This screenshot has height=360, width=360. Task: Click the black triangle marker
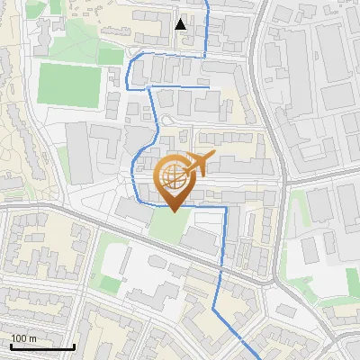[x=181, y=23]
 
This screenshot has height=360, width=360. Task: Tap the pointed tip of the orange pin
[x=173, y=211]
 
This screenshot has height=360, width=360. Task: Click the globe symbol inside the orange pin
[x=173, y=179]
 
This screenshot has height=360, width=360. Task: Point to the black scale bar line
[x=42, y=346]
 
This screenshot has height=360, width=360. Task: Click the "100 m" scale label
[x=23, y=338]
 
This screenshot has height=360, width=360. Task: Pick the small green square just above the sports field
[x=110, y=56]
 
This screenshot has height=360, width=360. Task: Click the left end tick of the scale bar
[x=11, y=346]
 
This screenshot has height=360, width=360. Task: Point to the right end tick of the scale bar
[x=74, y=346]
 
